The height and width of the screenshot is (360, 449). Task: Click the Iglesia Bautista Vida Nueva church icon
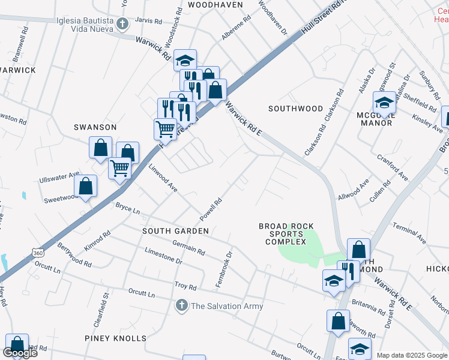[122, 25]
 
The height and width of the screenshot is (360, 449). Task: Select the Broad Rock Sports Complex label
[286, 234]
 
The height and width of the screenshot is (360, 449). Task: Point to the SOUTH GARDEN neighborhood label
[175, 231]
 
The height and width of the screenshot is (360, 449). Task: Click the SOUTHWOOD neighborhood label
[295, 109]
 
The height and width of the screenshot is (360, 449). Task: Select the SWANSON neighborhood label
[94, 127]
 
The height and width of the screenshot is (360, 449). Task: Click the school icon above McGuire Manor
[384, 103]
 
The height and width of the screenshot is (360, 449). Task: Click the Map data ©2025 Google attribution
[412, 355]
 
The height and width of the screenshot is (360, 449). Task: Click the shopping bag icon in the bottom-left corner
[17, 345]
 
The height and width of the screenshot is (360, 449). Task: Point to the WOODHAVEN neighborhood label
[215, 5]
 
